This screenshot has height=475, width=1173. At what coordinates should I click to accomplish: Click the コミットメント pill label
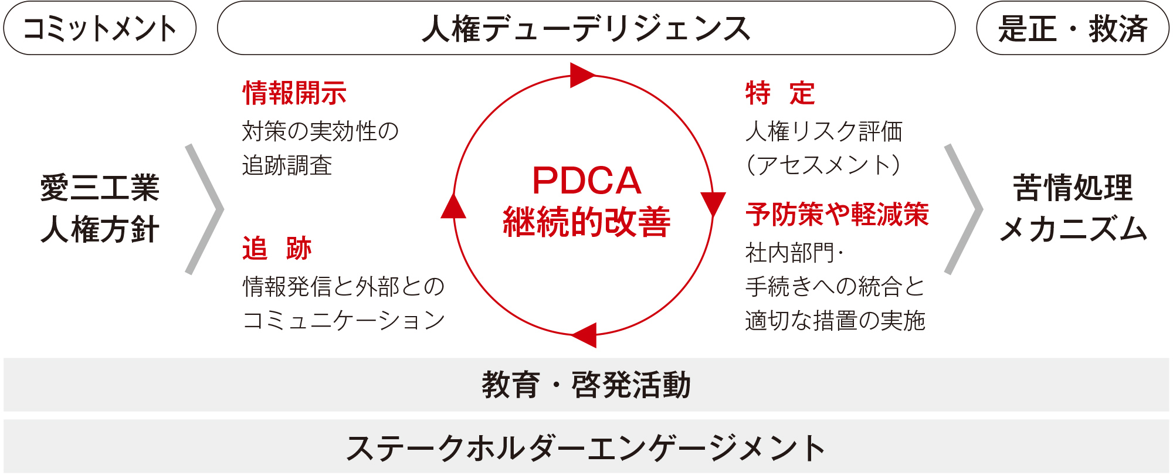click(x=100, y=28)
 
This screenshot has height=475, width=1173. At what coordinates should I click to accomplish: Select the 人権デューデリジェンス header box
click(x=586, y=28)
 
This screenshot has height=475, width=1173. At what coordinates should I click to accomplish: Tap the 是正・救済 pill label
click(x=1072, y=28)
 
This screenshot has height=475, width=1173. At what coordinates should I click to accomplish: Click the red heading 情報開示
click(x=294, y=93)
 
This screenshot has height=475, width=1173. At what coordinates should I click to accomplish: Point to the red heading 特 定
click(x=779, y=93)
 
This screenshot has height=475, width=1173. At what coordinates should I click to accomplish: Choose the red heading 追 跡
click(x=277, y=249)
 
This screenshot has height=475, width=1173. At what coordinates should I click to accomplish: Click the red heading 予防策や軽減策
click(x=837, y=215)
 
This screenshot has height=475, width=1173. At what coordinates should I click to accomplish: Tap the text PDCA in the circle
click(x=586, y=181)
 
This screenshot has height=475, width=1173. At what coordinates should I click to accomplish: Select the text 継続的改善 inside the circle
click(x=586, y=222)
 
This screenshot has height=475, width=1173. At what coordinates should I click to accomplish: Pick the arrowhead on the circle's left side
click(x=453, y=207)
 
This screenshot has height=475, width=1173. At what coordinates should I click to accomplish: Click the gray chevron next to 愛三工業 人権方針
click(x=205, y=209)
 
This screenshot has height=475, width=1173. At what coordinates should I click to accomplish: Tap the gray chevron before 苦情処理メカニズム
click(x=964, y=209)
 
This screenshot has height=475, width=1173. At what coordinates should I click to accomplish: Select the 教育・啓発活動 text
click(x=586, y=385)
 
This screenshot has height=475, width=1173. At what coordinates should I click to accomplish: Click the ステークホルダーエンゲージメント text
click(x=586, y=448)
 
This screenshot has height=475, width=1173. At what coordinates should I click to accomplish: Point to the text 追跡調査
click(x=287, y=165)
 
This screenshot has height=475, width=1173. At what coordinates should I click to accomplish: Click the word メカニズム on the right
click(x=1073, y=229)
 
